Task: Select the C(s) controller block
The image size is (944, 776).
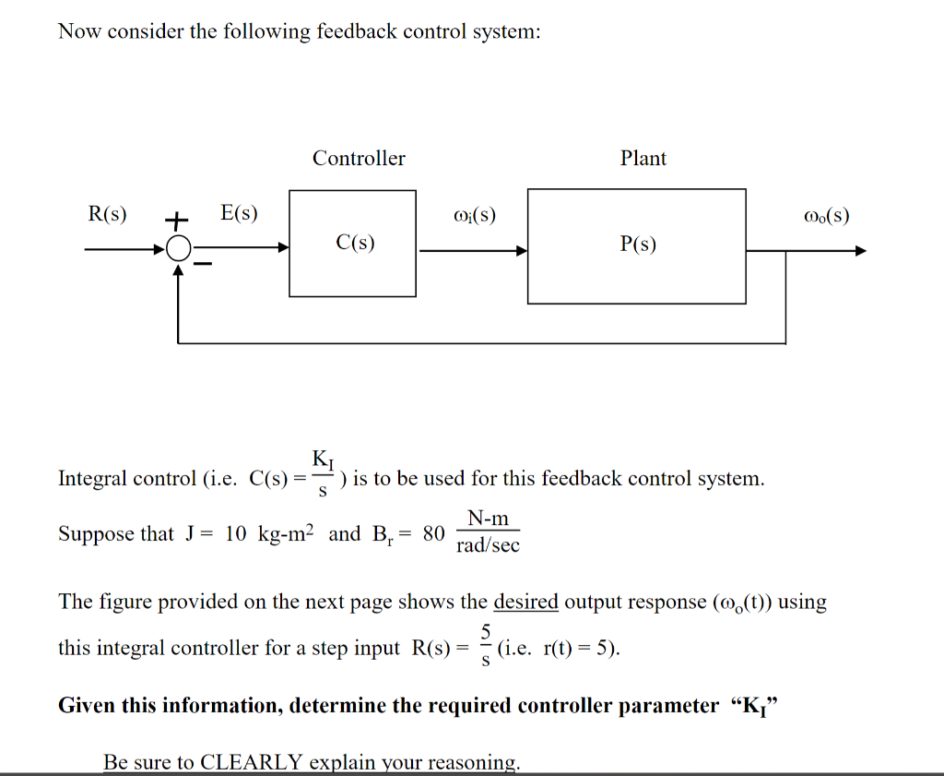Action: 354,243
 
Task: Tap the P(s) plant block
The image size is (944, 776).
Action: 636,246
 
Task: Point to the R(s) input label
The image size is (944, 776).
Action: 107,215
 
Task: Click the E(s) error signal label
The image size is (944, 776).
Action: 240,214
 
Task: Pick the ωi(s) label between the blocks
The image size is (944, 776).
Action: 475,216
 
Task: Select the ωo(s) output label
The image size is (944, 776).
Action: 825,216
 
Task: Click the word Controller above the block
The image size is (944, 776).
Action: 359,159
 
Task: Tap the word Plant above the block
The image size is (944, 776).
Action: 643,159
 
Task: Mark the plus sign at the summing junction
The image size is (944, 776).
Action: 176,221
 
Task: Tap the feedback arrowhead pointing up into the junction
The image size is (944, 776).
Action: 179,269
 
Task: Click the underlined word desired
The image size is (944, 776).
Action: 525,603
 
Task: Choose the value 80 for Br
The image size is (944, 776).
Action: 433,534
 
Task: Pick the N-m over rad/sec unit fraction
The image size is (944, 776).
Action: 488,532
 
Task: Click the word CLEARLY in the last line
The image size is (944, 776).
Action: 251,763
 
